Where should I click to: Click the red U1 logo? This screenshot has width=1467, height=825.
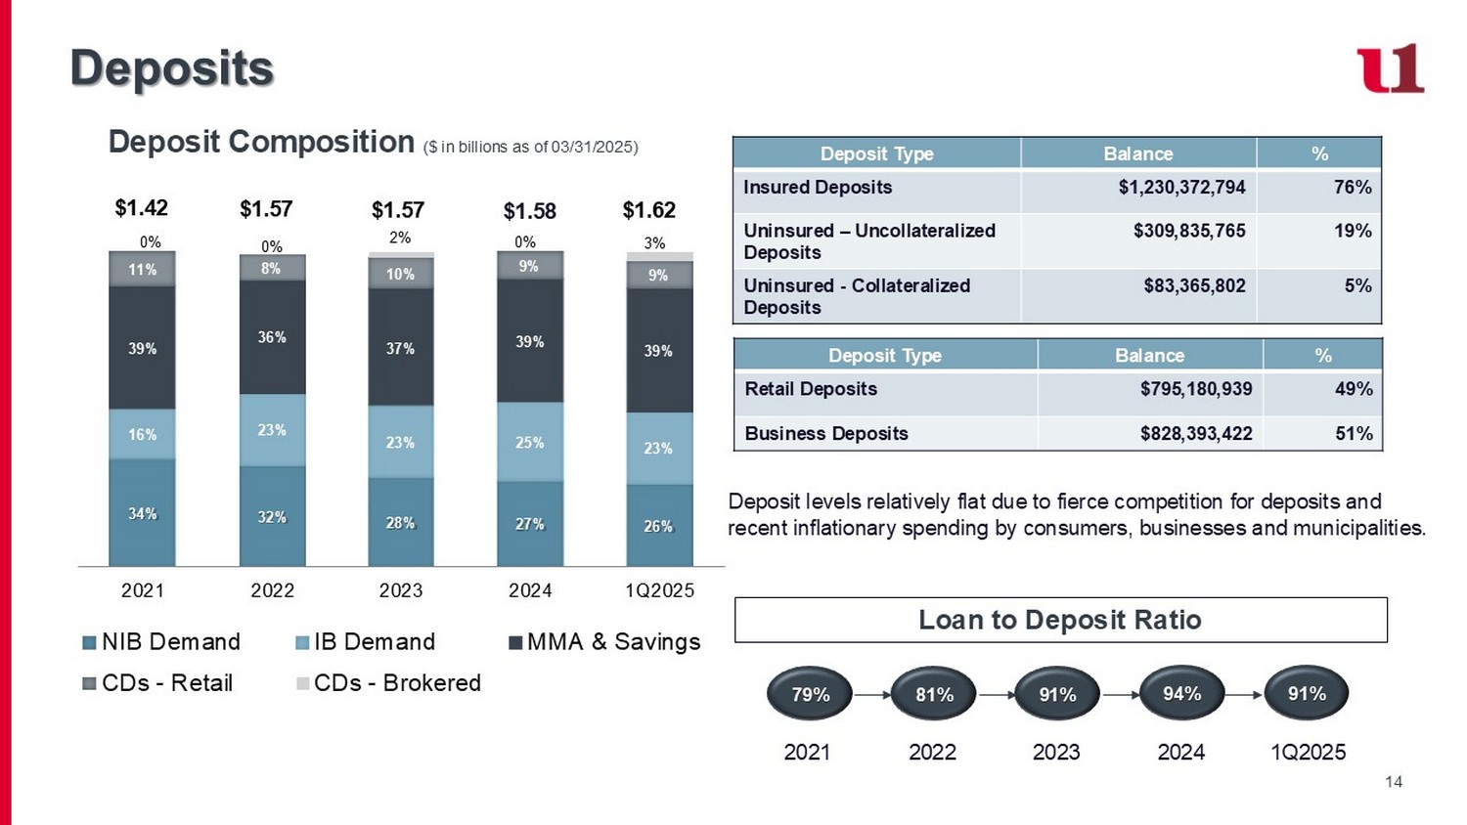pos(1390,68)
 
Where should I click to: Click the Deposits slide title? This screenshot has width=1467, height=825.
pos(172,68)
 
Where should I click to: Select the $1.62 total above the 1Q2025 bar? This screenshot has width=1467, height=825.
pos(649,210)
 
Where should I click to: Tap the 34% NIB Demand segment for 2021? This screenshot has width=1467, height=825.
pos(142,513)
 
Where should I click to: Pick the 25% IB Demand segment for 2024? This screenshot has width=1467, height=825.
pos(530,442)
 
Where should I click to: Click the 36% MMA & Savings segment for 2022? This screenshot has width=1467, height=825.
pos(272,337)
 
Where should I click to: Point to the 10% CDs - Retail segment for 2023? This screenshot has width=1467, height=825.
pos(400,274)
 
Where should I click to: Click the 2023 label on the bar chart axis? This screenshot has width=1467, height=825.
pos(401,590)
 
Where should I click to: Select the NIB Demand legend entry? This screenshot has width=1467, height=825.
pos(161,642)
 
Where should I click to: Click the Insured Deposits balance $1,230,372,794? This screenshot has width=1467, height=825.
pos(1181,187)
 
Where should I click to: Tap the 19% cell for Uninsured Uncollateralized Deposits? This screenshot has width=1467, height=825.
pos(1353,231)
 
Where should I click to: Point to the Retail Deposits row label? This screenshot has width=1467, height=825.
pos(811,389)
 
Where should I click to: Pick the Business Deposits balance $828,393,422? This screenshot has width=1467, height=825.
pos(1196,433)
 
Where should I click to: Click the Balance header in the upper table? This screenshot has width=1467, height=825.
pos(1137,153)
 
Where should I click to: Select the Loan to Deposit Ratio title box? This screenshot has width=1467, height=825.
pos(1060,620)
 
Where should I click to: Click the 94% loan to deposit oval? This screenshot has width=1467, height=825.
pos(1181,694)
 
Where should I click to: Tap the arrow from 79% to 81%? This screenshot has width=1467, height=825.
pos(871,695)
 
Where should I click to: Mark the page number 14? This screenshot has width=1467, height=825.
pos(1394,782)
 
